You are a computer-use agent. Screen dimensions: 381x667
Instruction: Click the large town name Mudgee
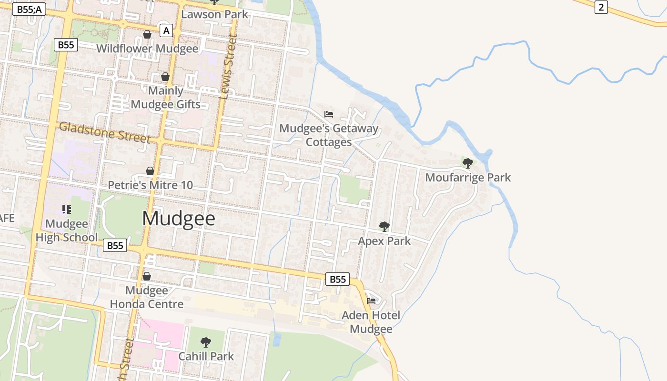[179, 219]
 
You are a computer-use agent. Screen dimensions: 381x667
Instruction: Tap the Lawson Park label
[215, 14]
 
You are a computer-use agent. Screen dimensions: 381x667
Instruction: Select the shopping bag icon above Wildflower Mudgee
[147, 34]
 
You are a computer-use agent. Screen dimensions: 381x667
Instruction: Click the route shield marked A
[166, 31]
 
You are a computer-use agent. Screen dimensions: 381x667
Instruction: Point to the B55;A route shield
[29, 10]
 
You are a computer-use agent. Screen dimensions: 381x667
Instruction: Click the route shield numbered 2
[601, 7]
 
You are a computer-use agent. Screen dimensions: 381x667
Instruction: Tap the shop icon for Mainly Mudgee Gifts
[165, 77]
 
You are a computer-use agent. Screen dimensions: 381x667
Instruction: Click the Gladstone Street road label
[104, 132]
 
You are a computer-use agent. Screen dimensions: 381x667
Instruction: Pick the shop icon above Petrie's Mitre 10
[150, 171]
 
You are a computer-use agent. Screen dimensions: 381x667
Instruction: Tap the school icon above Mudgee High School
[66, 209]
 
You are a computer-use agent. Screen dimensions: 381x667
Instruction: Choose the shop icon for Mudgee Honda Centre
[147, 276]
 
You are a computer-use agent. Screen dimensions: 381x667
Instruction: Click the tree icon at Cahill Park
[206, 342]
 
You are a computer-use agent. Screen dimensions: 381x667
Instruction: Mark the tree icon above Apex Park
[384, 226]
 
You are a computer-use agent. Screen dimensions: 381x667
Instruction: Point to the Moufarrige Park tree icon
[468, 163]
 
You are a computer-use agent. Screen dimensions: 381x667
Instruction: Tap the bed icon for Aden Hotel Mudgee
[371, 301]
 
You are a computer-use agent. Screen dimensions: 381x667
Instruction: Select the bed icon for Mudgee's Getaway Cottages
[329, 114]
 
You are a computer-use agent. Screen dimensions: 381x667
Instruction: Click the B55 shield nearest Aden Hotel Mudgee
[337, 279]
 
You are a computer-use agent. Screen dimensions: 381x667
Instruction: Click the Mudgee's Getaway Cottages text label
[329, 135]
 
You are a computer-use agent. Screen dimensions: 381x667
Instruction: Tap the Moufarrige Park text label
[468, 178]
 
